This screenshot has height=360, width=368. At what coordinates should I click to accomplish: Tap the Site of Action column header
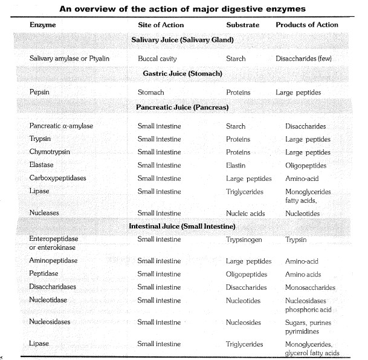pos(160,25)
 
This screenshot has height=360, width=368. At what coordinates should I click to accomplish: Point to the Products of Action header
pos(307,25)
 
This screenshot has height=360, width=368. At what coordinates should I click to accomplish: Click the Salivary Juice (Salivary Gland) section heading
pos(182,41)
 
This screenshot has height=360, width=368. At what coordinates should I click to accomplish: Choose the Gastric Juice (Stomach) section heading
pos(182,74)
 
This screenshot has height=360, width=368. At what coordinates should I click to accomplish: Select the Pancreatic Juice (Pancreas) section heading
pos(182,107)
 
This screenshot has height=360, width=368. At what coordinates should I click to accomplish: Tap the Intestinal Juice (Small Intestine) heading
pos(182,226)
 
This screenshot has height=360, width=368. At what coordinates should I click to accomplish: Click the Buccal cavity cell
pos(158,59)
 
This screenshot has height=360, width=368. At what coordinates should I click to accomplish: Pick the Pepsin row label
pos(40,93)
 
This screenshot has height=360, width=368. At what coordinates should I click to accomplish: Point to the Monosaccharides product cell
pos(311,287)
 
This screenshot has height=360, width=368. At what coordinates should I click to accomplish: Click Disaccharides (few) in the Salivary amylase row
pos(312,59)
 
